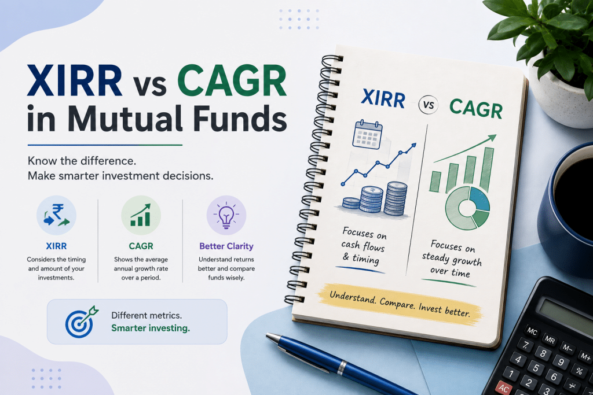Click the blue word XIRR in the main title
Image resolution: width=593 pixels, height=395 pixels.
tap(75, 81)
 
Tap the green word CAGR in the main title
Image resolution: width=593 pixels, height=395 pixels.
tap(232, 81)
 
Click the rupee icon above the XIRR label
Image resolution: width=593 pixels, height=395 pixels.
tap(56, 215)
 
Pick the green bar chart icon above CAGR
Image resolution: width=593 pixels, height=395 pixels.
tap(141, 215)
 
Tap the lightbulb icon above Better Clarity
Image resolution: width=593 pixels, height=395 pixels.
tap(226, 215)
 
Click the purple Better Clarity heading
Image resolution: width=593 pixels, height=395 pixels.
tap(226, 246)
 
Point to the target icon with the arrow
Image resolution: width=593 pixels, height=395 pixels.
tap(81, 322)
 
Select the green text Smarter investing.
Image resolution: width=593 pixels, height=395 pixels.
tap(151, 328)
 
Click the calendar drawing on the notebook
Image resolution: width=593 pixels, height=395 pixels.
tap(367, 134)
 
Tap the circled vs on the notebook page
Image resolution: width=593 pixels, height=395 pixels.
tap(429, 105)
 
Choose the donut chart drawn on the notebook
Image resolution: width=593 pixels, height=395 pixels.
tap(467, 208)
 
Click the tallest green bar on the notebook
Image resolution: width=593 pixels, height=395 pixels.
tap(486, 169)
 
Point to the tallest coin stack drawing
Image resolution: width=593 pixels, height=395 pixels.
tap(396, 199)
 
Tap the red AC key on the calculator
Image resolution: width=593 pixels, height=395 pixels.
tap(504, 388)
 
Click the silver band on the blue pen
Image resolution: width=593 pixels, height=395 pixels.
tap(342, 367)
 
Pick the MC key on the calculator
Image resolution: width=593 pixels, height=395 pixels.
tap(532, 331)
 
